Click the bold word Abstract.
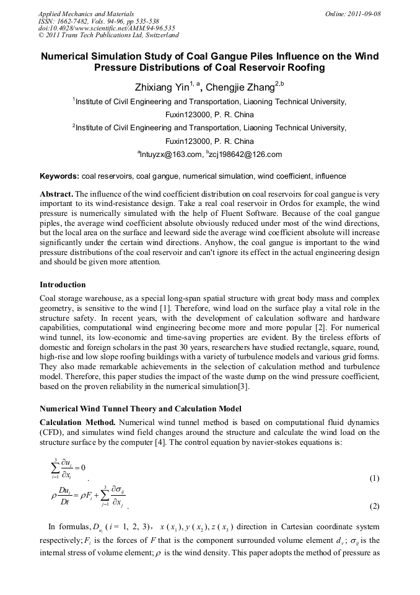56,194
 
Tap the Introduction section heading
63,285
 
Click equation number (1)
374,478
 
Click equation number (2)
374,506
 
